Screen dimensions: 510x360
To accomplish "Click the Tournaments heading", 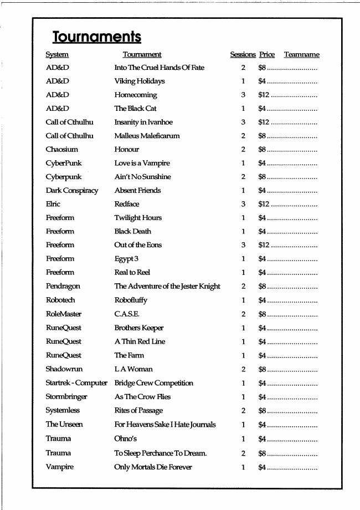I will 97,37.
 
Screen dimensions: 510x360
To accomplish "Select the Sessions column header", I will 243,54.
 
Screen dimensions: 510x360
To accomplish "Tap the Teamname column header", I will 301,54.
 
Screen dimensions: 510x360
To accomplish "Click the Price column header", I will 266,54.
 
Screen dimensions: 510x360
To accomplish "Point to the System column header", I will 57,54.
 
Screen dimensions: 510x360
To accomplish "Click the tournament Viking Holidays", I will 140,81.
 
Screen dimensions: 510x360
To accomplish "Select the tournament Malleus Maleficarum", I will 147,136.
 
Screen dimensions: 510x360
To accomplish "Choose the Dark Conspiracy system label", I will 72,190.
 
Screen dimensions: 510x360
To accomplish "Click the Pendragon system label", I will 63,286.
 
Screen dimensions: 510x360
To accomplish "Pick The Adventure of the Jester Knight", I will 167,286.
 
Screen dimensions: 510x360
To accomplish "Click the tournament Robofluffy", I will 131,300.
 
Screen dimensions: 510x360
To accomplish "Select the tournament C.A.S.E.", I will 127,314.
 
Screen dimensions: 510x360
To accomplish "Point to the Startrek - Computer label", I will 76,383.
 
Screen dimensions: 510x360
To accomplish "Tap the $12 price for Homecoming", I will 264,95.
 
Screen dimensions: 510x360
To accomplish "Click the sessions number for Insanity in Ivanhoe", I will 243,122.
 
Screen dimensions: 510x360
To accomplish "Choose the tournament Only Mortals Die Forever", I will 153,467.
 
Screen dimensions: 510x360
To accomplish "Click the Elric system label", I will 53,204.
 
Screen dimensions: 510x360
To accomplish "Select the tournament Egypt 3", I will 126,259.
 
